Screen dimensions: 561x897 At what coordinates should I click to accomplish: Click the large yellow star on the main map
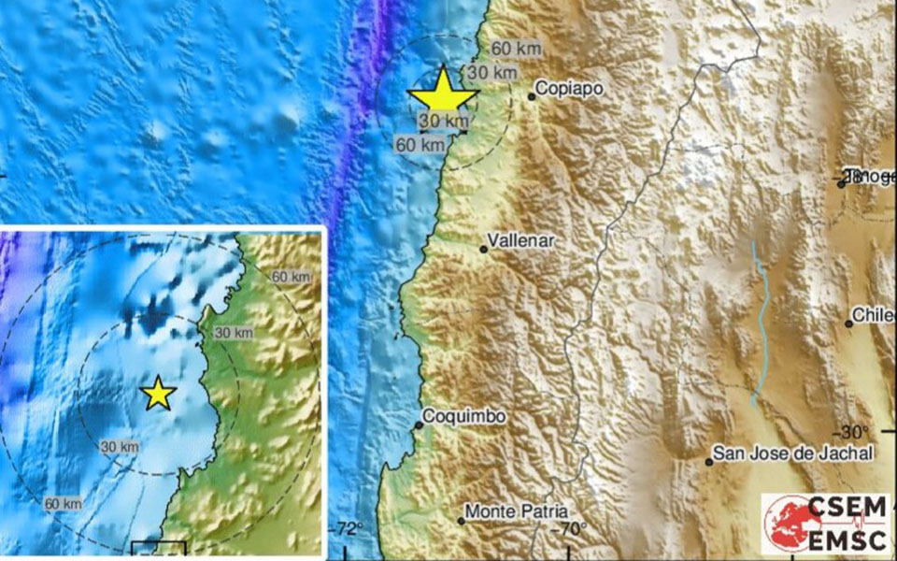tap(443, 93)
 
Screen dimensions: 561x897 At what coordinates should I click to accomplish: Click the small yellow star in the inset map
tap(159, 395)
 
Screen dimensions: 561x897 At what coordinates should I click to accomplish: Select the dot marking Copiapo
tap(532, 95)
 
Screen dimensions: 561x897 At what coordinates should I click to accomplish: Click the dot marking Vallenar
tap(484, 249)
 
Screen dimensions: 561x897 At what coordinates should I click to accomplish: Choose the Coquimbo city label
tap(464, 416)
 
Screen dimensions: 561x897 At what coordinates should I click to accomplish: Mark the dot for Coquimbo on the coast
tap(420, 425)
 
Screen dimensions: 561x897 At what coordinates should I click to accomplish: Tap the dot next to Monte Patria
tap(462, 520)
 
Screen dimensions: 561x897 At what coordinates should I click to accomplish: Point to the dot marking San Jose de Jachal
tap(710, 461)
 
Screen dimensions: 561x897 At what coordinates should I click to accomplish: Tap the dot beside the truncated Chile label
tap(849, 324)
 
